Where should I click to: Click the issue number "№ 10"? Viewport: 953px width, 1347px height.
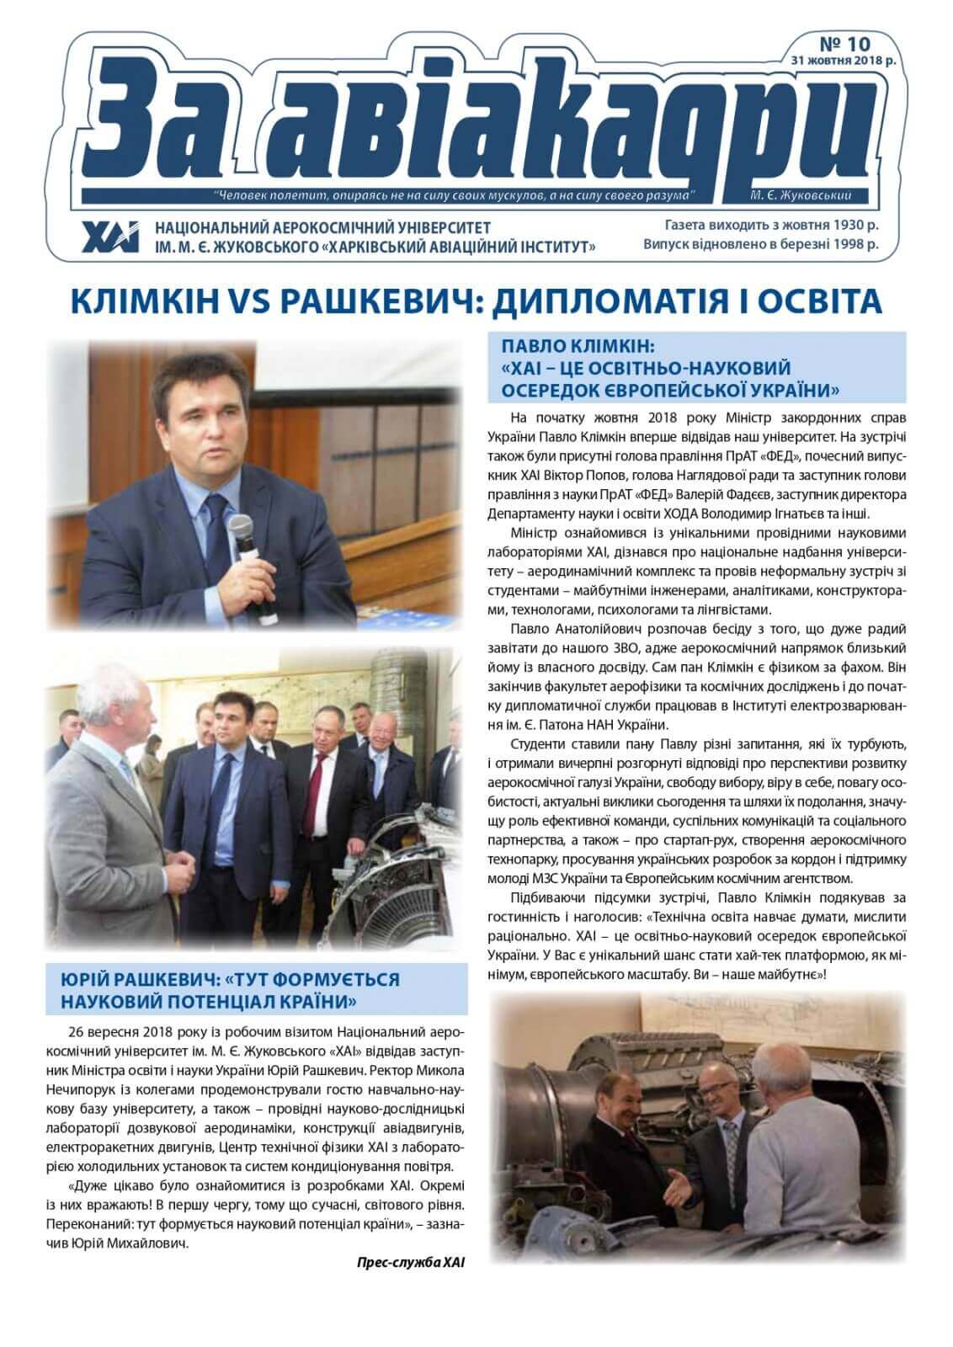(845, 43)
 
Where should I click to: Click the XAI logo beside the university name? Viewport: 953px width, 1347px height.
(110, 237)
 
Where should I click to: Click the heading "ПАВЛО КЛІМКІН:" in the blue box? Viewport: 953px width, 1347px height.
(578, 346)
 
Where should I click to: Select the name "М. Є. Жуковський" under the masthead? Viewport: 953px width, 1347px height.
(800, 196)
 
